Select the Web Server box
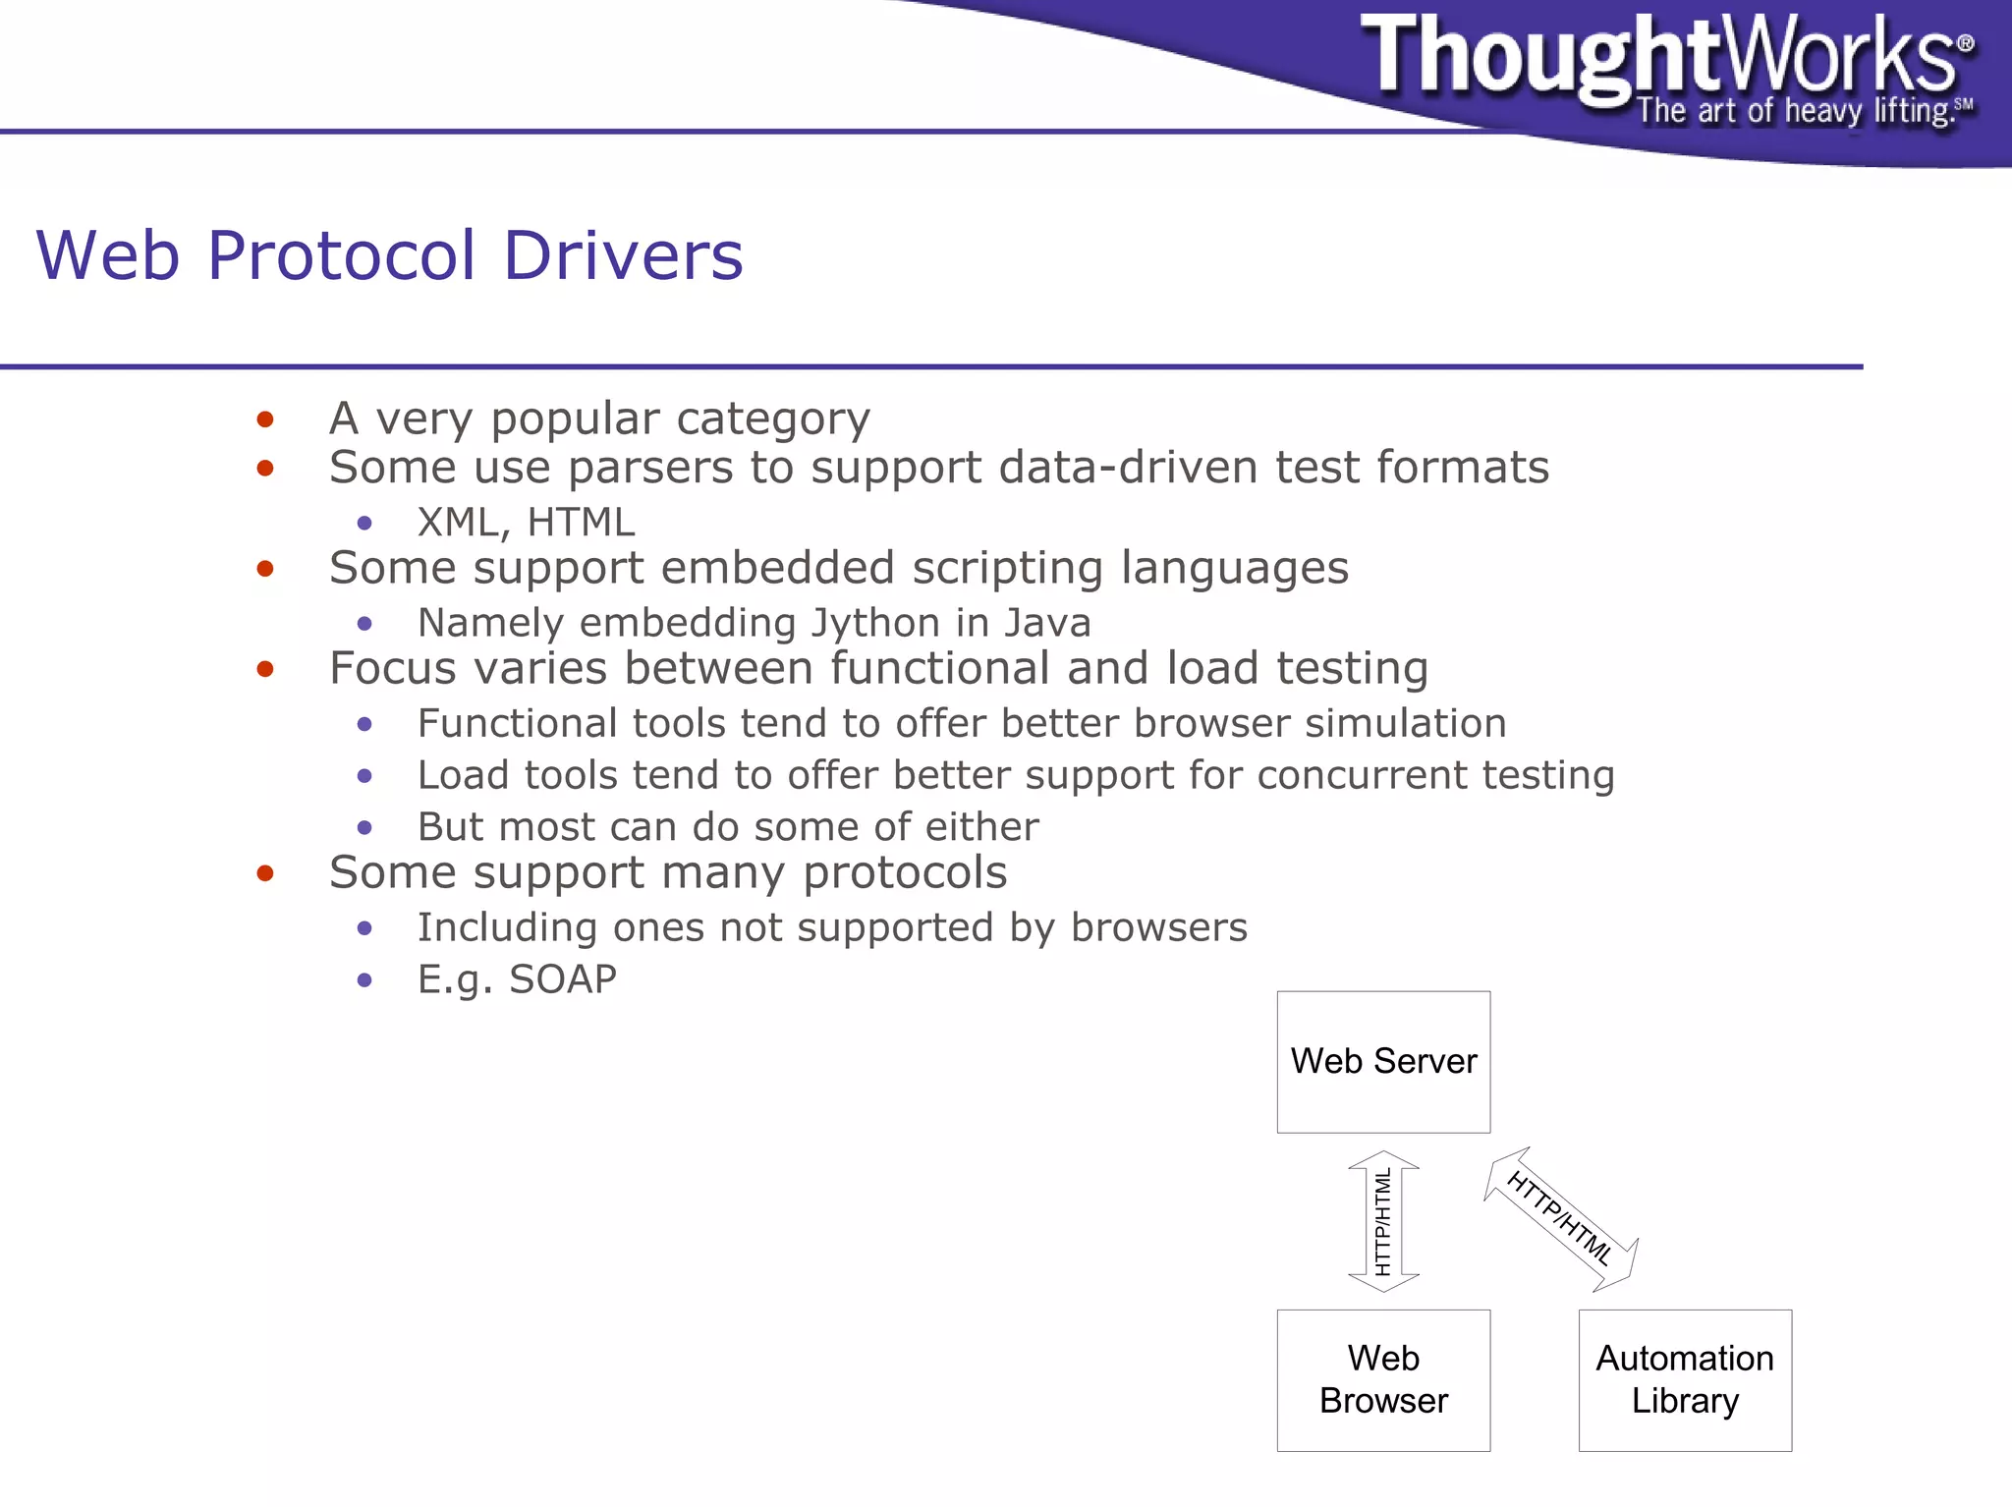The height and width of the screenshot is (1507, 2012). point(1383,1061)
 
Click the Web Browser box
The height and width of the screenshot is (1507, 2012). point(1383,1379)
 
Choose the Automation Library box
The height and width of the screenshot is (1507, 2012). point(1685,1379)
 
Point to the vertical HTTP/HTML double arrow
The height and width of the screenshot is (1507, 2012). point(1383,1221)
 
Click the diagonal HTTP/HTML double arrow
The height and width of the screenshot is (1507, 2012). point(1559,1218)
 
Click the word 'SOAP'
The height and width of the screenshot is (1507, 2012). point(563,979)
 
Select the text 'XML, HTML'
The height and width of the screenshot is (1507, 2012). point(526,523)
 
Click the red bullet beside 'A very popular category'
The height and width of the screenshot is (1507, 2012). point(264,420)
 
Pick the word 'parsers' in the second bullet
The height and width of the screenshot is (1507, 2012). point(650,468)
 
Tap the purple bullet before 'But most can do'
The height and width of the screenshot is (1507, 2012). point(364,828)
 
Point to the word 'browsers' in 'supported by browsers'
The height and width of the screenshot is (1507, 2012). point(1158,927)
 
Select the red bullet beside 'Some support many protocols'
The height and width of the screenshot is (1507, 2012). point(264,873)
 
